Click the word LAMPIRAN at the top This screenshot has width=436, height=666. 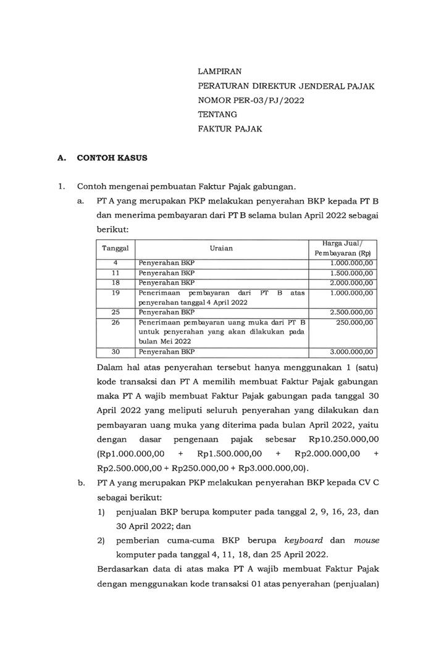point(220,72)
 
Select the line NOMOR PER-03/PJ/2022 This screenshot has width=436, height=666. point(251,101)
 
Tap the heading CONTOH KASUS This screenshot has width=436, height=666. point(112,158)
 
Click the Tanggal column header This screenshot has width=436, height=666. point(115,248)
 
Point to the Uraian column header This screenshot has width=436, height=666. point(222,248)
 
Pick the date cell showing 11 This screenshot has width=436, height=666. point(115,272)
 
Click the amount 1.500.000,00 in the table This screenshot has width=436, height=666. point(351,272)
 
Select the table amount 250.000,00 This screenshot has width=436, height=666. point(355,323)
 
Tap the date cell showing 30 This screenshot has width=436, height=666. point(115,352)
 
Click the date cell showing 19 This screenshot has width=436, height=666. point(115,293)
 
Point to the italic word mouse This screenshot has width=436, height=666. point(366,541)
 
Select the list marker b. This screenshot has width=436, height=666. point(81,483)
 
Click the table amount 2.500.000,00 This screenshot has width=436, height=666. point(351,313)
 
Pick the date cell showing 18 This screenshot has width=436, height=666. point(115,282)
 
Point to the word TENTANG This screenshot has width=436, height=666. point(217,115)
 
